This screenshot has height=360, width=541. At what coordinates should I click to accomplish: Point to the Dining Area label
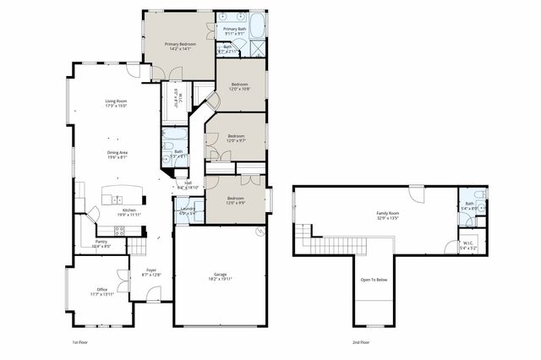[117, 152]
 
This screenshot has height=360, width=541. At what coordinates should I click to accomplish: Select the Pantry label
[101, 242]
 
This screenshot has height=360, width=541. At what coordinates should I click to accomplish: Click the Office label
[101, 289]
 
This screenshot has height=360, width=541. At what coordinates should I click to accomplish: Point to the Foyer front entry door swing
[153, 294]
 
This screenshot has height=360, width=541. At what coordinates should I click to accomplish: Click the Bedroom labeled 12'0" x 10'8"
[240, 85]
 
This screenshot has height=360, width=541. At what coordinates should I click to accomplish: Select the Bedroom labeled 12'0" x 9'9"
[236, 199]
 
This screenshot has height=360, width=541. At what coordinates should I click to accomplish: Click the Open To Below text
[373, 280]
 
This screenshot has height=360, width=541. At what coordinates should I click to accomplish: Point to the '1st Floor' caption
[80, 343]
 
